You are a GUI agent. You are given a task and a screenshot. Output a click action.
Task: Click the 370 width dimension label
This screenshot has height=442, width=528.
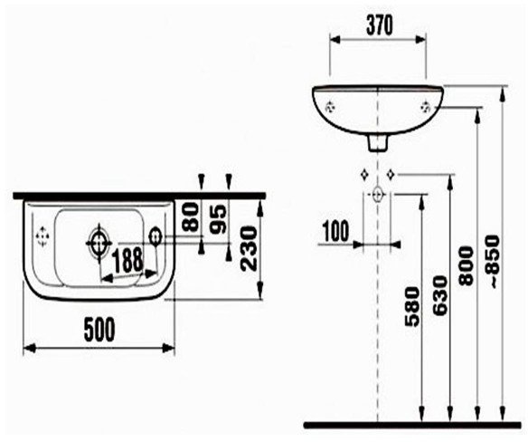(x=380, y=25)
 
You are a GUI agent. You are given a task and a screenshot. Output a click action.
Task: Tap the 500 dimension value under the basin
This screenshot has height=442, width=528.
(x=99, y=330)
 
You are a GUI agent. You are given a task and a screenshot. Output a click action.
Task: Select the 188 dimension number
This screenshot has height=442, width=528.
(x=127, y=260)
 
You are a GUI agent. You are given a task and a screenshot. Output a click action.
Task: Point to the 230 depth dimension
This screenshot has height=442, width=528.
(x=249, y=248)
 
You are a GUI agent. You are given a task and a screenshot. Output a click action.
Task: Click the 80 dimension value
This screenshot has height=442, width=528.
(x=191, y=216)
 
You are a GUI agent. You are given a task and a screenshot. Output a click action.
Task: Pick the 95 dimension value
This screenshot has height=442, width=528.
(x=218, y=219)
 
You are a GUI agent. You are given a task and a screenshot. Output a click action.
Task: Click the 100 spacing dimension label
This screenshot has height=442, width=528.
(x=336, y=232)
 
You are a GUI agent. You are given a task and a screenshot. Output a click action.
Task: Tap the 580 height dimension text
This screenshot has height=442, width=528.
(x=412, y=306)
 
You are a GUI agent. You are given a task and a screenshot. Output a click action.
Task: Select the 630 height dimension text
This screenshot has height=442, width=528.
(x=440, y=296)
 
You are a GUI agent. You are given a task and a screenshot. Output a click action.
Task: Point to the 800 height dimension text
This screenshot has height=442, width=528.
(x=467, y=266)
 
